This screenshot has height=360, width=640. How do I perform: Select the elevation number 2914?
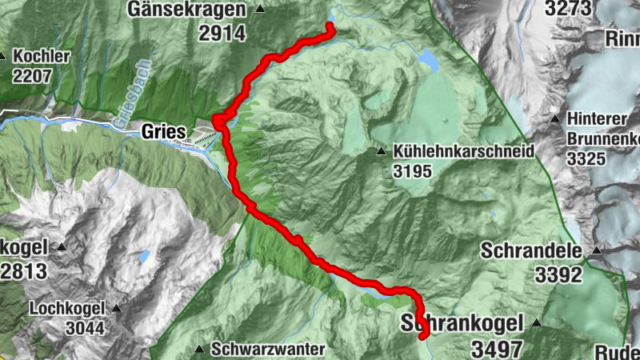pyautogui.click(x=222, y=33)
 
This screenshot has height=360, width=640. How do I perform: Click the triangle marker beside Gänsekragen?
pyautogui.click(x=260, y=10)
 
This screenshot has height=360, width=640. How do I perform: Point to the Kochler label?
pyautogui.click(x=42, y=58)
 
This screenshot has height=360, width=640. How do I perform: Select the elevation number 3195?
pyautogui.click(x=413, y=170)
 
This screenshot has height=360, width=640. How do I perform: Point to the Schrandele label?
pyautogui.click(x=531, y=250)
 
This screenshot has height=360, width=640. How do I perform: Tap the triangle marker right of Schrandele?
pyautogui.click(x=595, y=251)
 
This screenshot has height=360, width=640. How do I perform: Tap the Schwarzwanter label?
pyautogui.click(x=269, y=350)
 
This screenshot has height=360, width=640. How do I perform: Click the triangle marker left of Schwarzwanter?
pyautogui.click(x=199, y=349)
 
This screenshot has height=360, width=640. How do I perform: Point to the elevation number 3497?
pyautogui.click(x=496, y=349)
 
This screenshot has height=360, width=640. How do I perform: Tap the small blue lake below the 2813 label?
pyautogui.click(x=144, y=257)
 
